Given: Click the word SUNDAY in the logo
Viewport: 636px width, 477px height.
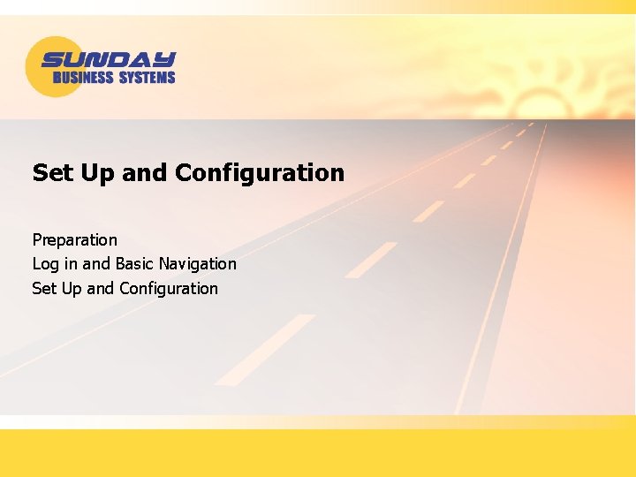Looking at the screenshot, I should point(109,60).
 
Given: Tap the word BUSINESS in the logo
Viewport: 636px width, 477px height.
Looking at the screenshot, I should point(83,78).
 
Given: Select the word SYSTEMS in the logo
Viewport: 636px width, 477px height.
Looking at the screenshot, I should point(147,78).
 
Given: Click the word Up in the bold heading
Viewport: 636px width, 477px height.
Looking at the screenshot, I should point(93,172).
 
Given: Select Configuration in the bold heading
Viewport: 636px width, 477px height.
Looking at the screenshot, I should point(260,172).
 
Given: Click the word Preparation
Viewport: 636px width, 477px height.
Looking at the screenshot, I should point(74,239).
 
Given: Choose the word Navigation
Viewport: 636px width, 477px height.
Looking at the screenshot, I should point(198,263).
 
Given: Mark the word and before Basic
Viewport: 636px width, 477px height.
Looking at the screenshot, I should point(96,263).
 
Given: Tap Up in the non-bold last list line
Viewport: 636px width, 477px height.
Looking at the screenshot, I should point(72,288).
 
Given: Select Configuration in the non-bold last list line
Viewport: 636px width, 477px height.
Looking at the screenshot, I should point(168,288).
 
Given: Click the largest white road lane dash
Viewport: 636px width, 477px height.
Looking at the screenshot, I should point(265,350).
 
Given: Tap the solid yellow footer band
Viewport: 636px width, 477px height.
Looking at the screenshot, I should point(318,452).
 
